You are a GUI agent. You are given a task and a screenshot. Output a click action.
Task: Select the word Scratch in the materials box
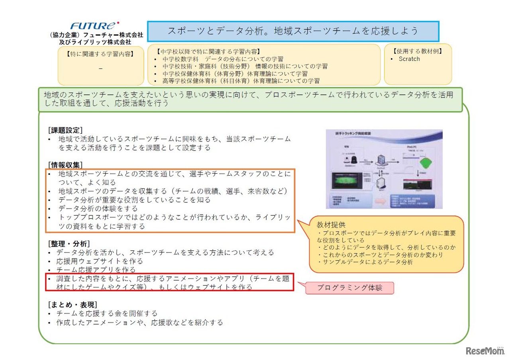(x=409, y=59)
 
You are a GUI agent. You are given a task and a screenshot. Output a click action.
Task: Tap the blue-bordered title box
(x=293, y=31)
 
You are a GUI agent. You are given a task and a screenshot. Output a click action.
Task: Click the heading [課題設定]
(x=65, y=130)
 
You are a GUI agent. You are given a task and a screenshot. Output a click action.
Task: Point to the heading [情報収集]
(x=65, y=165)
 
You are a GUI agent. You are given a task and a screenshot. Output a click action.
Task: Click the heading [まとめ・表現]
(x=72, y=305)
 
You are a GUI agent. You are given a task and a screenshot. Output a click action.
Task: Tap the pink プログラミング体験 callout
(x=349, y=288)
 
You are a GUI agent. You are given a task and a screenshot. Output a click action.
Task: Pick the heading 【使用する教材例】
(x=418, y=51)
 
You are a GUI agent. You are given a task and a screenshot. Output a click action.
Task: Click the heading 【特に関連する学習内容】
(x=100, y=54)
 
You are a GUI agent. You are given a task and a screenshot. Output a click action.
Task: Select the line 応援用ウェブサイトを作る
(x=100, y=261)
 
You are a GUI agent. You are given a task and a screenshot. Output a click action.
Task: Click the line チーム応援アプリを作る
(x=96, y=270)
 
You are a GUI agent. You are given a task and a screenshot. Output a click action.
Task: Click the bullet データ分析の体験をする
(x=98, y=209)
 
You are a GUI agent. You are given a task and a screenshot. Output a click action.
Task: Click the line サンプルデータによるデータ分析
(x=367, y=262)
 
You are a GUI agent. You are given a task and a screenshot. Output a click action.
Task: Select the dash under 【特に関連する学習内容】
(x=100, y=68)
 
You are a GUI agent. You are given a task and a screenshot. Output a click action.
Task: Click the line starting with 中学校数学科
(x=223, y=59)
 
